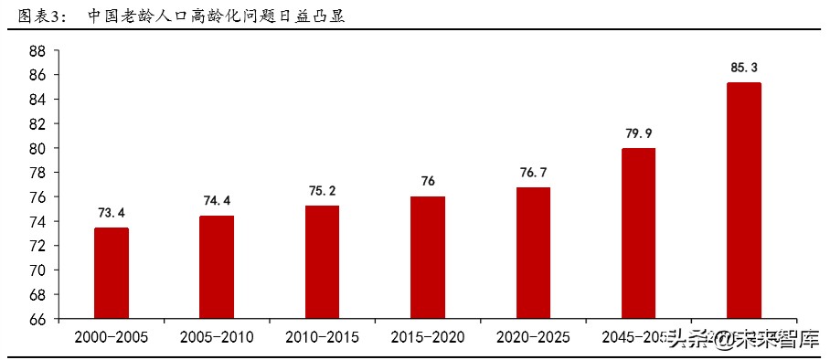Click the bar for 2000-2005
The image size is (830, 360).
[111, 273]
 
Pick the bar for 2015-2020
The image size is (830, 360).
[428, 258]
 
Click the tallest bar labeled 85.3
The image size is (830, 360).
[744, 201]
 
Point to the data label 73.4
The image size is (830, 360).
[111, 213]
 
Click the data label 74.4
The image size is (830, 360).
[217, 201]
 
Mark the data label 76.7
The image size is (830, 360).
[533, 173]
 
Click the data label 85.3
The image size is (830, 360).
[744, 68]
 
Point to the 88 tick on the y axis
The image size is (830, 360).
[37, 50]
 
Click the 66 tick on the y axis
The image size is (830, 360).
[37, 320]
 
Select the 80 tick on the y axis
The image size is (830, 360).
[37, 148]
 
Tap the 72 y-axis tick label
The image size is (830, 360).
[37, 247]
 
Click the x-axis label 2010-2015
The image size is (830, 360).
[322, 337]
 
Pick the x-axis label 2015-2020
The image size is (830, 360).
[428, 337]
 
